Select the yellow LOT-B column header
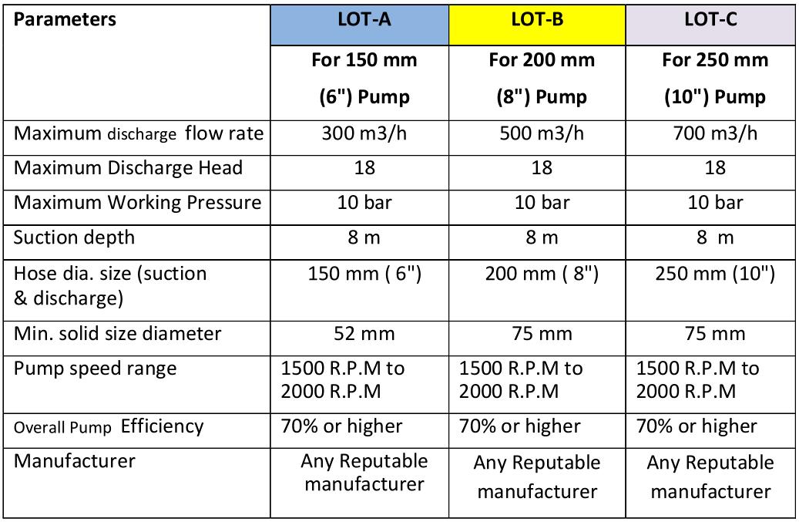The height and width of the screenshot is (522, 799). pyautogui.click(x=537, y=22)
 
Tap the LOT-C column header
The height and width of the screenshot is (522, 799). pyautogui.click(x=710, y=22)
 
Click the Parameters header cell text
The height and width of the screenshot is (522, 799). pyautogui.click(x=65, y=20)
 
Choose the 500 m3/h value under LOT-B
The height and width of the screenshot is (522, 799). pyautogui.click(x=536, y=133)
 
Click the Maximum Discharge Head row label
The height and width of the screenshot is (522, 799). pyautogui.click(x=128, y=168)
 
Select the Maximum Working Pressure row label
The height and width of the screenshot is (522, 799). pyautogui.click(x=138, y=203)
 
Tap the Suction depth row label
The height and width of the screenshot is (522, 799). pyautogui.click(x=74, y=237)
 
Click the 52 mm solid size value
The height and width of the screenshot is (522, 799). pyautogui.click(x=364, y=333)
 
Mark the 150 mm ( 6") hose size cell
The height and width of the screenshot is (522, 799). pyautogui.click(x=364, y=274)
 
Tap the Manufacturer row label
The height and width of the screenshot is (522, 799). pyautogui.click(x=74, y=461)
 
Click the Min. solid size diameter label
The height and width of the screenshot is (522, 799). pyautogui.click(x=117, y=333)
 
